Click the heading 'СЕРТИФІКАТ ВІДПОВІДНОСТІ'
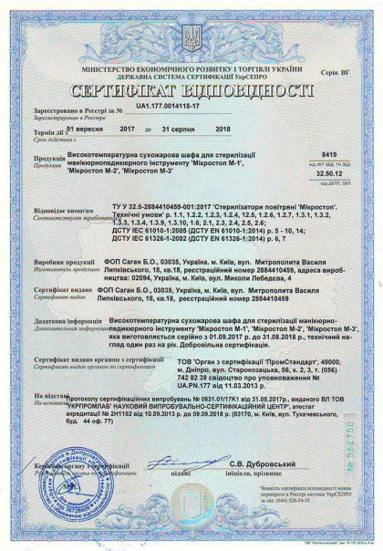pos(191,93)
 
